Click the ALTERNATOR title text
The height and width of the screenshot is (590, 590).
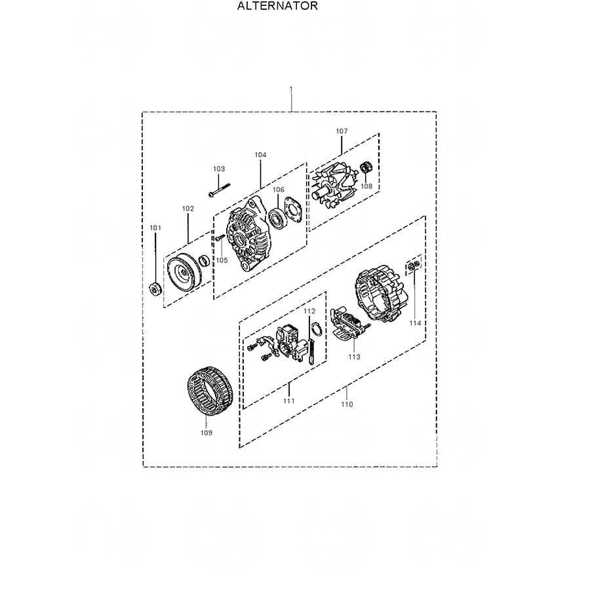[278, 6]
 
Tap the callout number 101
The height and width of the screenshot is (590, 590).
[155, 227]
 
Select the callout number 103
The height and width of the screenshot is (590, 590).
[219, 169]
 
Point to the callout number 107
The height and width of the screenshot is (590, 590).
[342, 131]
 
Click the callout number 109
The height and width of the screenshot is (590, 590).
[206, 433]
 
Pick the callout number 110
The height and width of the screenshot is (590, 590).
[347, 404]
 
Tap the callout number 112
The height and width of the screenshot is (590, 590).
[309, 311]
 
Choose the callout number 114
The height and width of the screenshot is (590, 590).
[415, 323]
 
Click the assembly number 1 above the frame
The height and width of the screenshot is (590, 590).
[291, 90]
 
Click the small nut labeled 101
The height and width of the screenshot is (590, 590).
[155, 289]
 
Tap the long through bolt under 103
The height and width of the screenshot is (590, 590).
[219, 189]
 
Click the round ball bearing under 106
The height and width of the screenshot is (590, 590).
[279, 218]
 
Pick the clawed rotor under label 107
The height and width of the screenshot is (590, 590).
[334, 184]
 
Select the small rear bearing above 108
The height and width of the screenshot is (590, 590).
[366, 168]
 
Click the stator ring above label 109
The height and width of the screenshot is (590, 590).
[211, 391]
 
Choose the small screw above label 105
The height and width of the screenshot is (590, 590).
[220, 237]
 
